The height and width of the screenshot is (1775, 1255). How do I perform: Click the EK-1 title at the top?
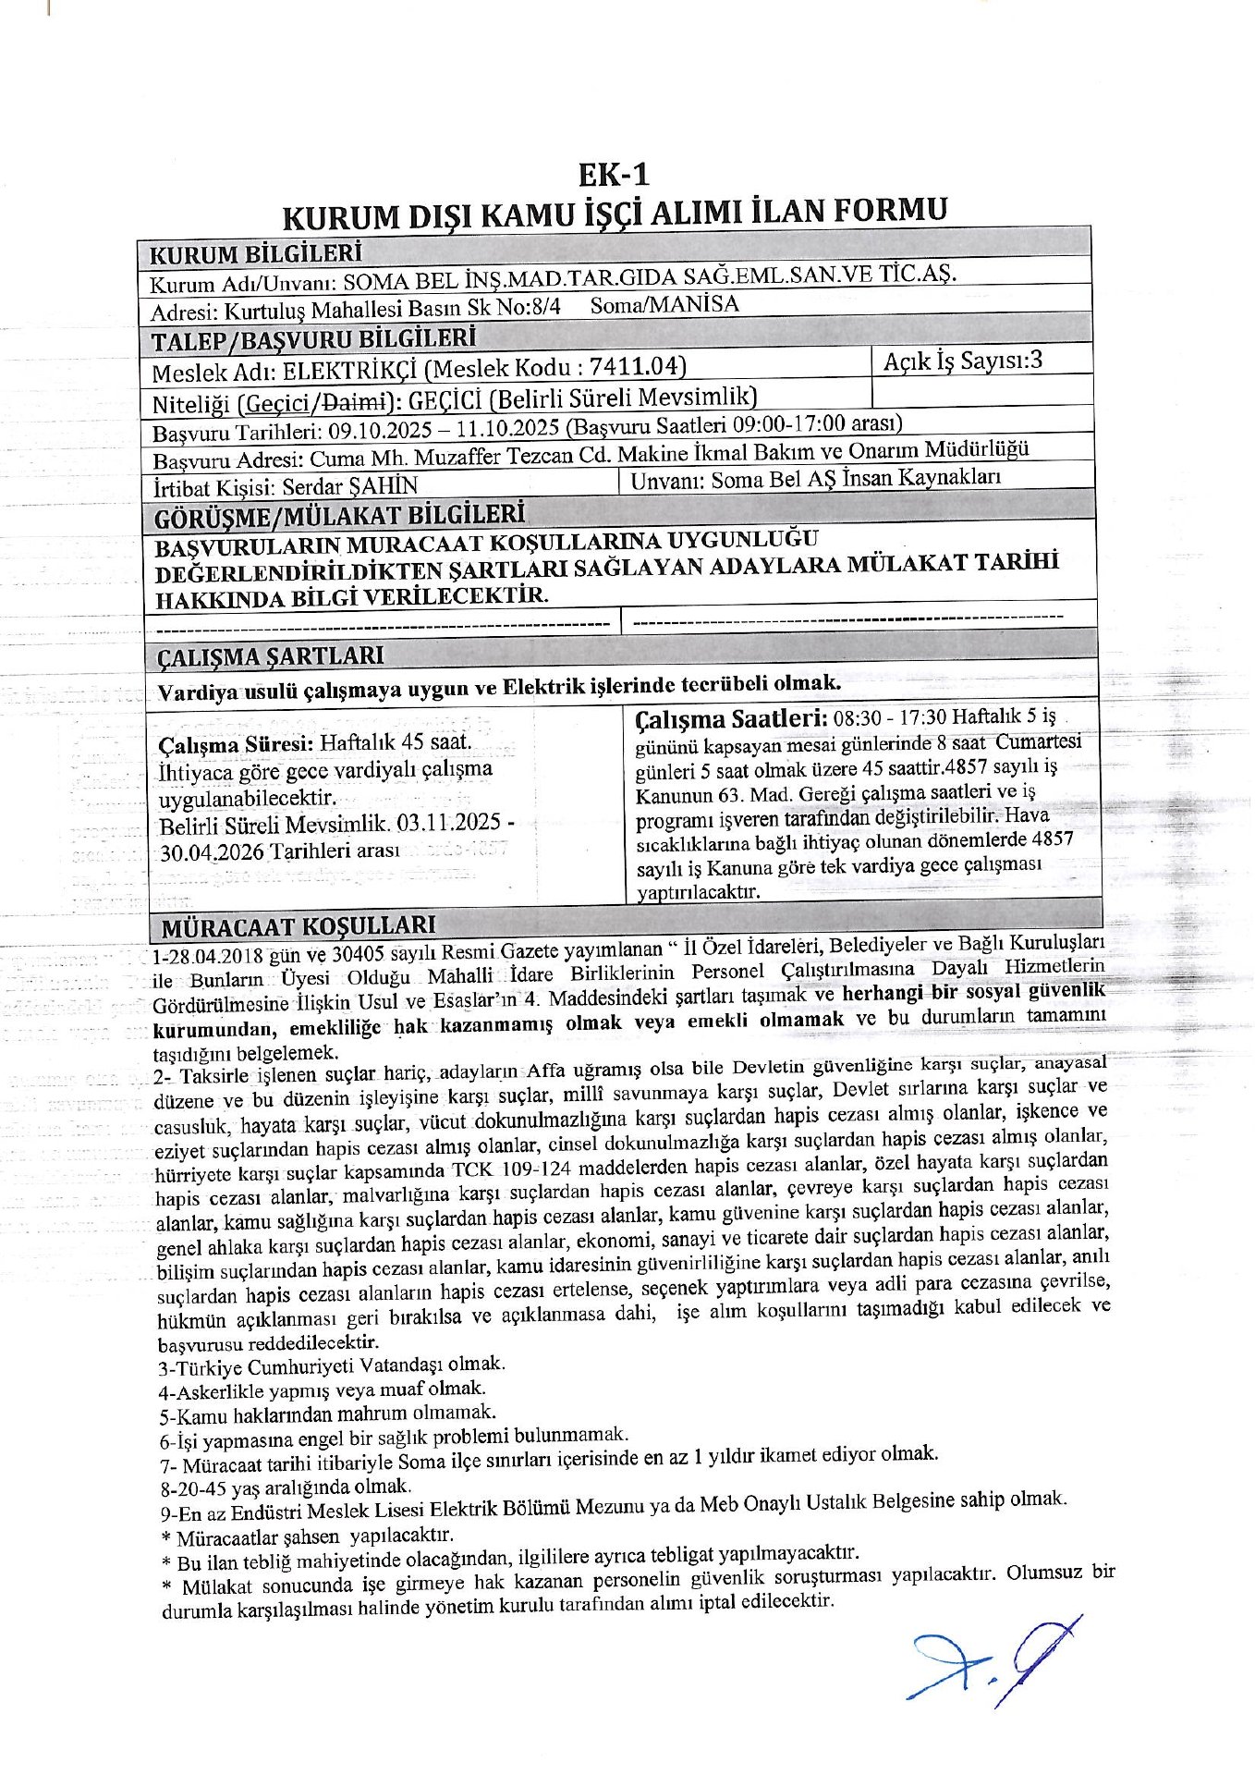point(615,175)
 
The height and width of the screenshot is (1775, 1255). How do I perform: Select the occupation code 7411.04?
point(636,367)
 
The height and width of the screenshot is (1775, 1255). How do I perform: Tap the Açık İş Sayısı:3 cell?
point(962,361)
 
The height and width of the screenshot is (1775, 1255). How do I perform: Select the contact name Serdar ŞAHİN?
point(350,485)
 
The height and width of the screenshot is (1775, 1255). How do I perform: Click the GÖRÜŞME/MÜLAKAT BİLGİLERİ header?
point(340,515)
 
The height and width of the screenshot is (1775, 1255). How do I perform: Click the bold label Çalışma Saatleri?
point(731,718)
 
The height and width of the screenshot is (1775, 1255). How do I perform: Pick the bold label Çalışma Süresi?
point(236,744)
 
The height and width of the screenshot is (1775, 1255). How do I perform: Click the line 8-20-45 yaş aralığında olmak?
point(284,1487)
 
